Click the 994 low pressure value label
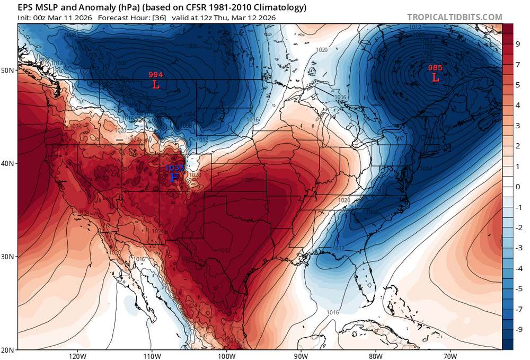(x=156, y=75)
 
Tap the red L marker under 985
(x=435, y=78)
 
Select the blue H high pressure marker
(x=174, y=178)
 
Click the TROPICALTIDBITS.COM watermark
(x=454, y=17)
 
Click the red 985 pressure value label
(x=435, y=67)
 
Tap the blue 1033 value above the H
(x=174, y=168)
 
